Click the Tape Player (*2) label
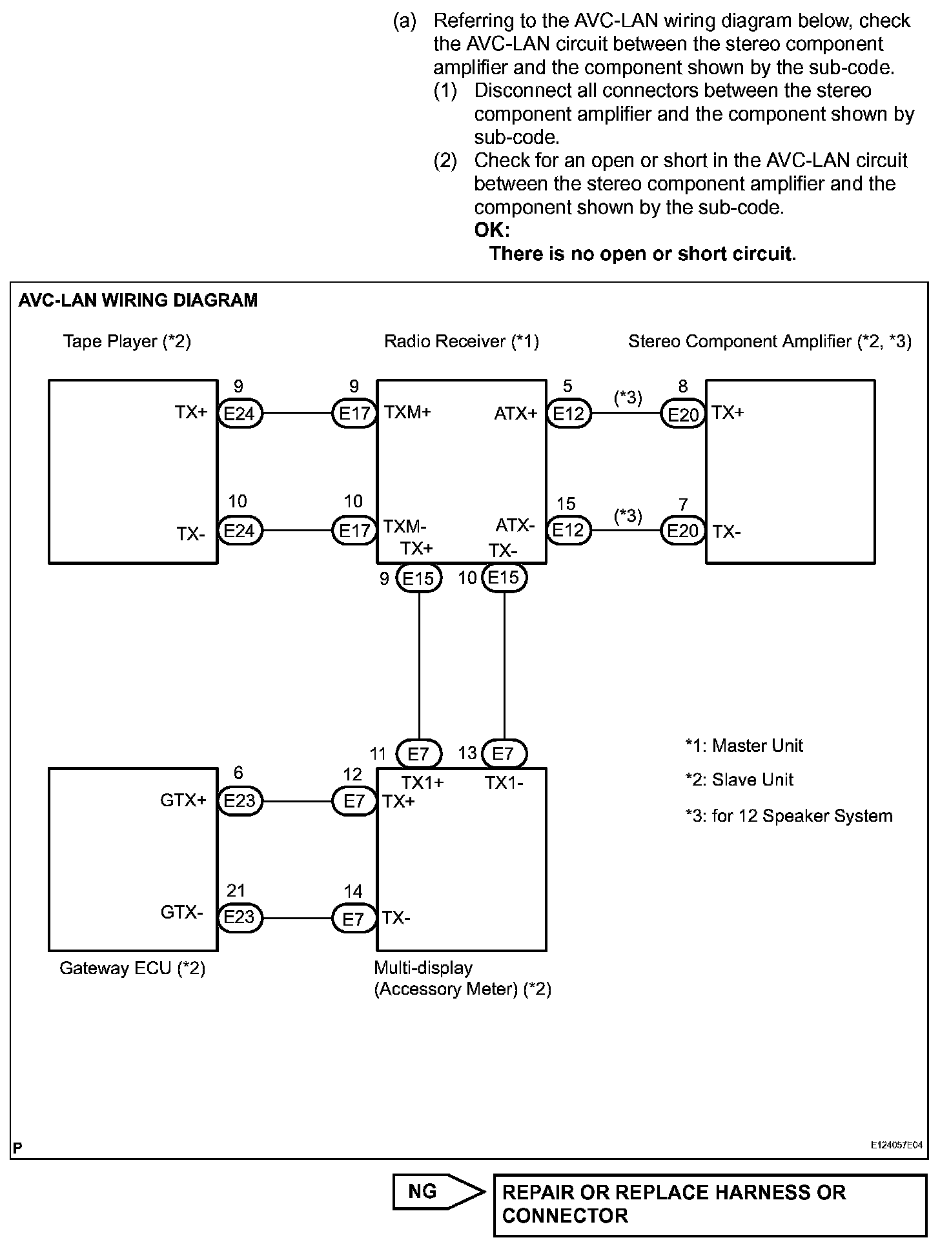127,341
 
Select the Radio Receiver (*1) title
461,341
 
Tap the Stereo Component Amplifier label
770,341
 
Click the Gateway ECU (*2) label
132,968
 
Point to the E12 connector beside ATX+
568,413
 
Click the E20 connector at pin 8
682,414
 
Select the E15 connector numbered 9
418,578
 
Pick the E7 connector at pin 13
503,753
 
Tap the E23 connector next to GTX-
240,917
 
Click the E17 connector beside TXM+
354,413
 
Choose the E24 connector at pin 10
240,531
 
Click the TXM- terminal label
405,525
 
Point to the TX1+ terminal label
422,782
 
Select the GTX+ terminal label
183,800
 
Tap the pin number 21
236,891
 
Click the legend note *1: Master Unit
744,746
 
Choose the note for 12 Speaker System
789,815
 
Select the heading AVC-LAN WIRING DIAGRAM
138,300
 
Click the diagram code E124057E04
897,1144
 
